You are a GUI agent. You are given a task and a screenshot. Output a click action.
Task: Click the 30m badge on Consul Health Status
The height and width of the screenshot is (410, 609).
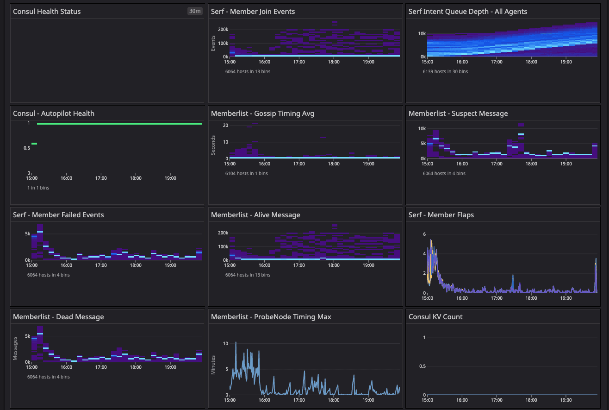click(195, 11)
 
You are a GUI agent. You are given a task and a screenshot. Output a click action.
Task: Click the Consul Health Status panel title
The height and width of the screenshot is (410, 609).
click(47, 12)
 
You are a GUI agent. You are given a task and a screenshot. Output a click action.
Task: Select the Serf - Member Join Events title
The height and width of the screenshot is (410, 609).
click(253, 12)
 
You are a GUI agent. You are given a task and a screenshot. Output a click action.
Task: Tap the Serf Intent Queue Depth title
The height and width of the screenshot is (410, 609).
click(468, 12)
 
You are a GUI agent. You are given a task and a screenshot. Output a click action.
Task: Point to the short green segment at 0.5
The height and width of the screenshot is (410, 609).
click(34, 144)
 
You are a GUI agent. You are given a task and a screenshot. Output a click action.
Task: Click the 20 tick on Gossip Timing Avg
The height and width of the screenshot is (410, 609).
click(226, 125)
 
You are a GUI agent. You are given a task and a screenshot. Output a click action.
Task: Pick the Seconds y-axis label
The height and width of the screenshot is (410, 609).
click(213, 142)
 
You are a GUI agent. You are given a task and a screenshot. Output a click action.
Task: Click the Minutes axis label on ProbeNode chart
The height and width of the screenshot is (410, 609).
click(213, 365)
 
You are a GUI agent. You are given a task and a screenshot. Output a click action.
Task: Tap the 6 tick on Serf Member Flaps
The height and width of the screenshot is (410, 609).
click(424, 234)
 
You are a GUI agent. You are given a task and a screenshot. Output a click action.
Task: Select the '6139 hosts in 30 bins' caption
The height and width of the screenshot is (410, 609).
click(445, 71)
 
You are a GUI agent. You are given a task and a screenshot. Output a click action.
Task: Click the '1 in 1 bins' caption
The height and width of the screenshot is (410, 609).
click(38, 188)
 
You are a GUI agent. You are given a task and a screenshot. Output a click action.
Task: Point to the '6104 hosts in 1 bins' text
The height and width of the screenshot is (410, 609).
click(246, 173)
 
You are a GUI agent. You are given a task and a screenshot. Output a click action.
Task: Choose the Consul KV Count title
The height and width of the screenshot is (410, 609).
click(435, 317)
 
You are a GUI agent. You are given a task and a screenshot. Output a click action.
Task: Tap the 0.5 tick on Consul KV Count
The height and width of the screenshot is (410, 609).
click(422, 366)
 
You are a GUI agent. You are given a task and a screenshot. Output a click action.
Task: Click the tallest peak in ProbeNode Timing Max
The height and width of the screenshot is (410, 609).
click(236, 342)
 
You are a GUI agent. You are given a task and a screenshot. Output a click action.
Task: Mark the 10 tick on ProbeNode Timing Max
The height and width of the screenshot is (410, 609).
click(225, 343)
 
